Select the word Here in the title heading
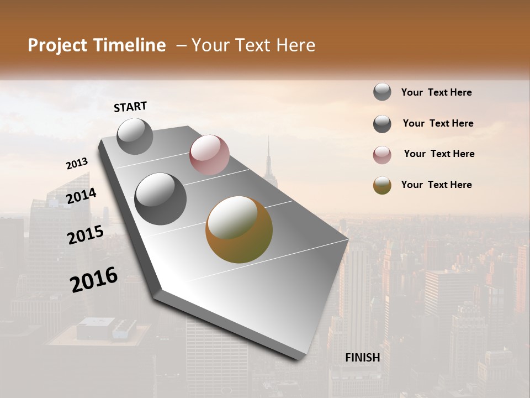pyautogui.click(x=295, y=45)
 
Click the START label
pyautogui.click(x=130, y=107)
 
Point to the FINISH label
pyautogui.click(x=363, y=358)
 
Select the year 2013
pyautogui.click(x=77, y=164)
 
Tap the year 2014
pyautogui.click(x=81, y=196)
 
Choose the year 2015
pyautogui.click(x=86, y=235)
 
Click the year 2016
pyautogui.click(x=94, y=280)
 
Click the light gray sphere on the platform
pyautogui.click(x=135, y=136)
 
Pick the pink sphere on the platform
pyautogui.click(x=209, y=155)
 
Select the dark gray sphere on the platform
pyautogui.click(x=161, y=199)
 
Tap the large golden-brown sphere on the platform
pyautogui.click(x=239, y=229)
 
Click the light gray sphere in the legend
pyautogui.click(x=382, y=92)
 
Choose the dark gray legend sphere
pyautogui.click(x=382, y=124)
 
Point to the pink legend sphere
pyautogui.click(x=382, y=155)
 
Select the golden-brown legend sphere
pyautogui.click(x=382, y=185)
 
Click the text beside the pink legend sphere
pyautogui.click(x=439, y=154)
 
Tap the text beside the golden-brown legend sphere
pyautogui.click(x=436, y=185)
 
